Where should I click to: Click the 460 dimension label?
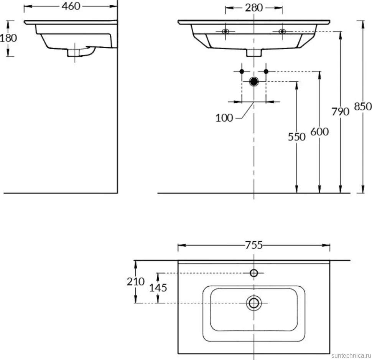[71, 7]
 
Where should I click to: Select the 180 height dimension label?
[8, 38]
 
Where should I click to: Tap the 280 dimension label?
[254, 8]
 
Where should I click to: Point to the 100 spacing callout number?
[224, 118]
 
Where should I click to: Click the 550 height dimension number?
[296, 137]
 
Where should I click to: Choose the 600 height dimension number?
[319, 132]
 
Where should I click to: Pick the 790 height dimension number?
[341, 112]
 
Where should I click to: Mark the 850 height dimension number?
[363, 107]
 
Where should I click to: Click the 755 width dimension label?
[254, 245]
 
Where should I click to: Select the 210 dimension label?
[136, 282]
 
